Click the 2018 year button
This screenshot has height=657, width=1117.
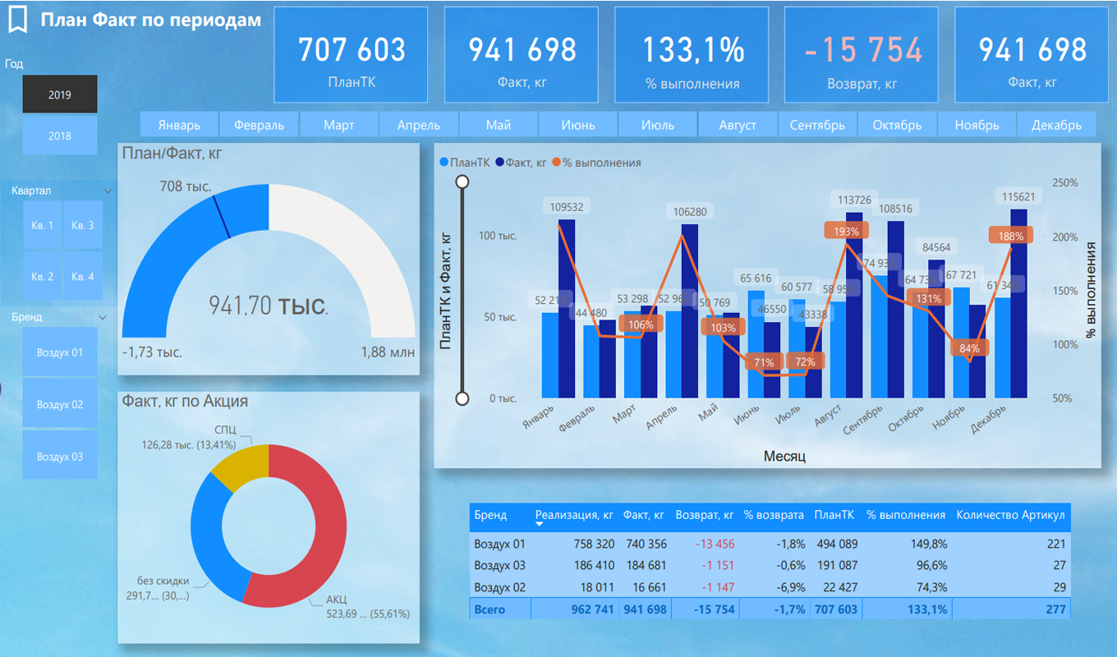coord(59,136)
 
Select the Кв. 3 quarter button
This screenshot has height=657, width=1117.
coord(83,225)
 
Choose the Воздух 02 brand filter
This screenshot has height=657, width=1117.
coord(60,405)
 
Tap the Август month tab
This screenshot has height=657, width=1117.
coord(738,125)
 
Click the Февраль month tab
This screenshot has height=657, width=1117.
coord(259,125)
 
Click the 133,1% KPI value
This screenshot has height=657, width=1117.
coord(692,50)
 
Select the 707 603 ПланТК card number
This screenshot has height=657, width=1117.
coord(352,50)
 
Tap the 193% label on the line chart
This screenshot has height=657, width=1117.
coord(846,231)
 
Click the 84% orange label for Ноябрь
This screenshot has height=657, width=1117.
coord(969,348)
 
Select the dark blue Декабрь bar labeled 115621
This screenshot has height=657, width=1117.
coord(1018,304)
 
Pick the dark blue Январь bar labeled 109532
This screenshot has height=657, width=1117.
coord(567,308)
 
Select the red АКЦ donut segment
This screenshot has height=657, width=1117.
coord(316,526)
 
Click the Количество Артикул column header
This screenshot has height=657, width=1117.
coord(1010,515)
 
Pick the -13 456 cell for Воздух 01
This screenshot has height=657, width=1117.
coord(705,544)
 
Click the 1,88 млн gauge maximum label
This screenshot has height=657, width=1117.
coord(387,352)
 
